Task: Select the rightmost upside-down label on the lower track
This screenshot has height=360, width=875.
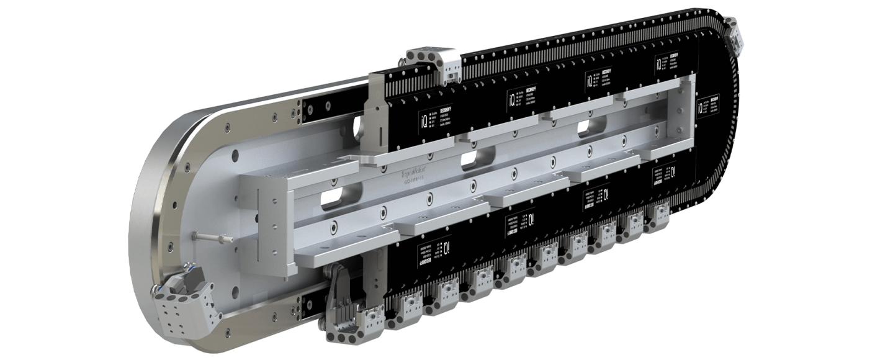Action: (663, 174)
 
